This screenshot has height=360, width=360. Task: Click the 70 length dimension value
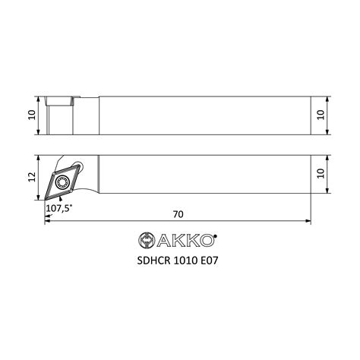[x=178, y=214]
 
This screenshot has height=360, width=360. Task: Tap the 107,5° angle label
[x=58, y=208]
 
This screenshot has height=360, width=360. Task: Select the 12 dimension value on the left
[x=32, y=177]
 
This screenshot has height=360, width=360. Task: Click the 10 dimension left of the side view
[x=32, y=115]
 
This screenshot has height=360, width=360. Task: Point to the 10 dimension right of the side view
[x=321, y=115]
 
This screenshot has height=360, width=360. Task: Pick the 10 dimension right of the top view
[x=321, y=173]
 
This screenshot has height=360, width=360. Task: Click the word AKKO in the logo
[x=185, y=240]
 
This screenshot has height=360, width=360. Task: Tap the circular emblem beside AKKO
[x=147, y=240]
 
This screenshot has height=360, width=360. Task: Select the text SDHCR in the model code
[x=153, y=261]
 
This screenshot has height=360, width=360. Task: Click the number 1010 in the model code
[x=186, y=261]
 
